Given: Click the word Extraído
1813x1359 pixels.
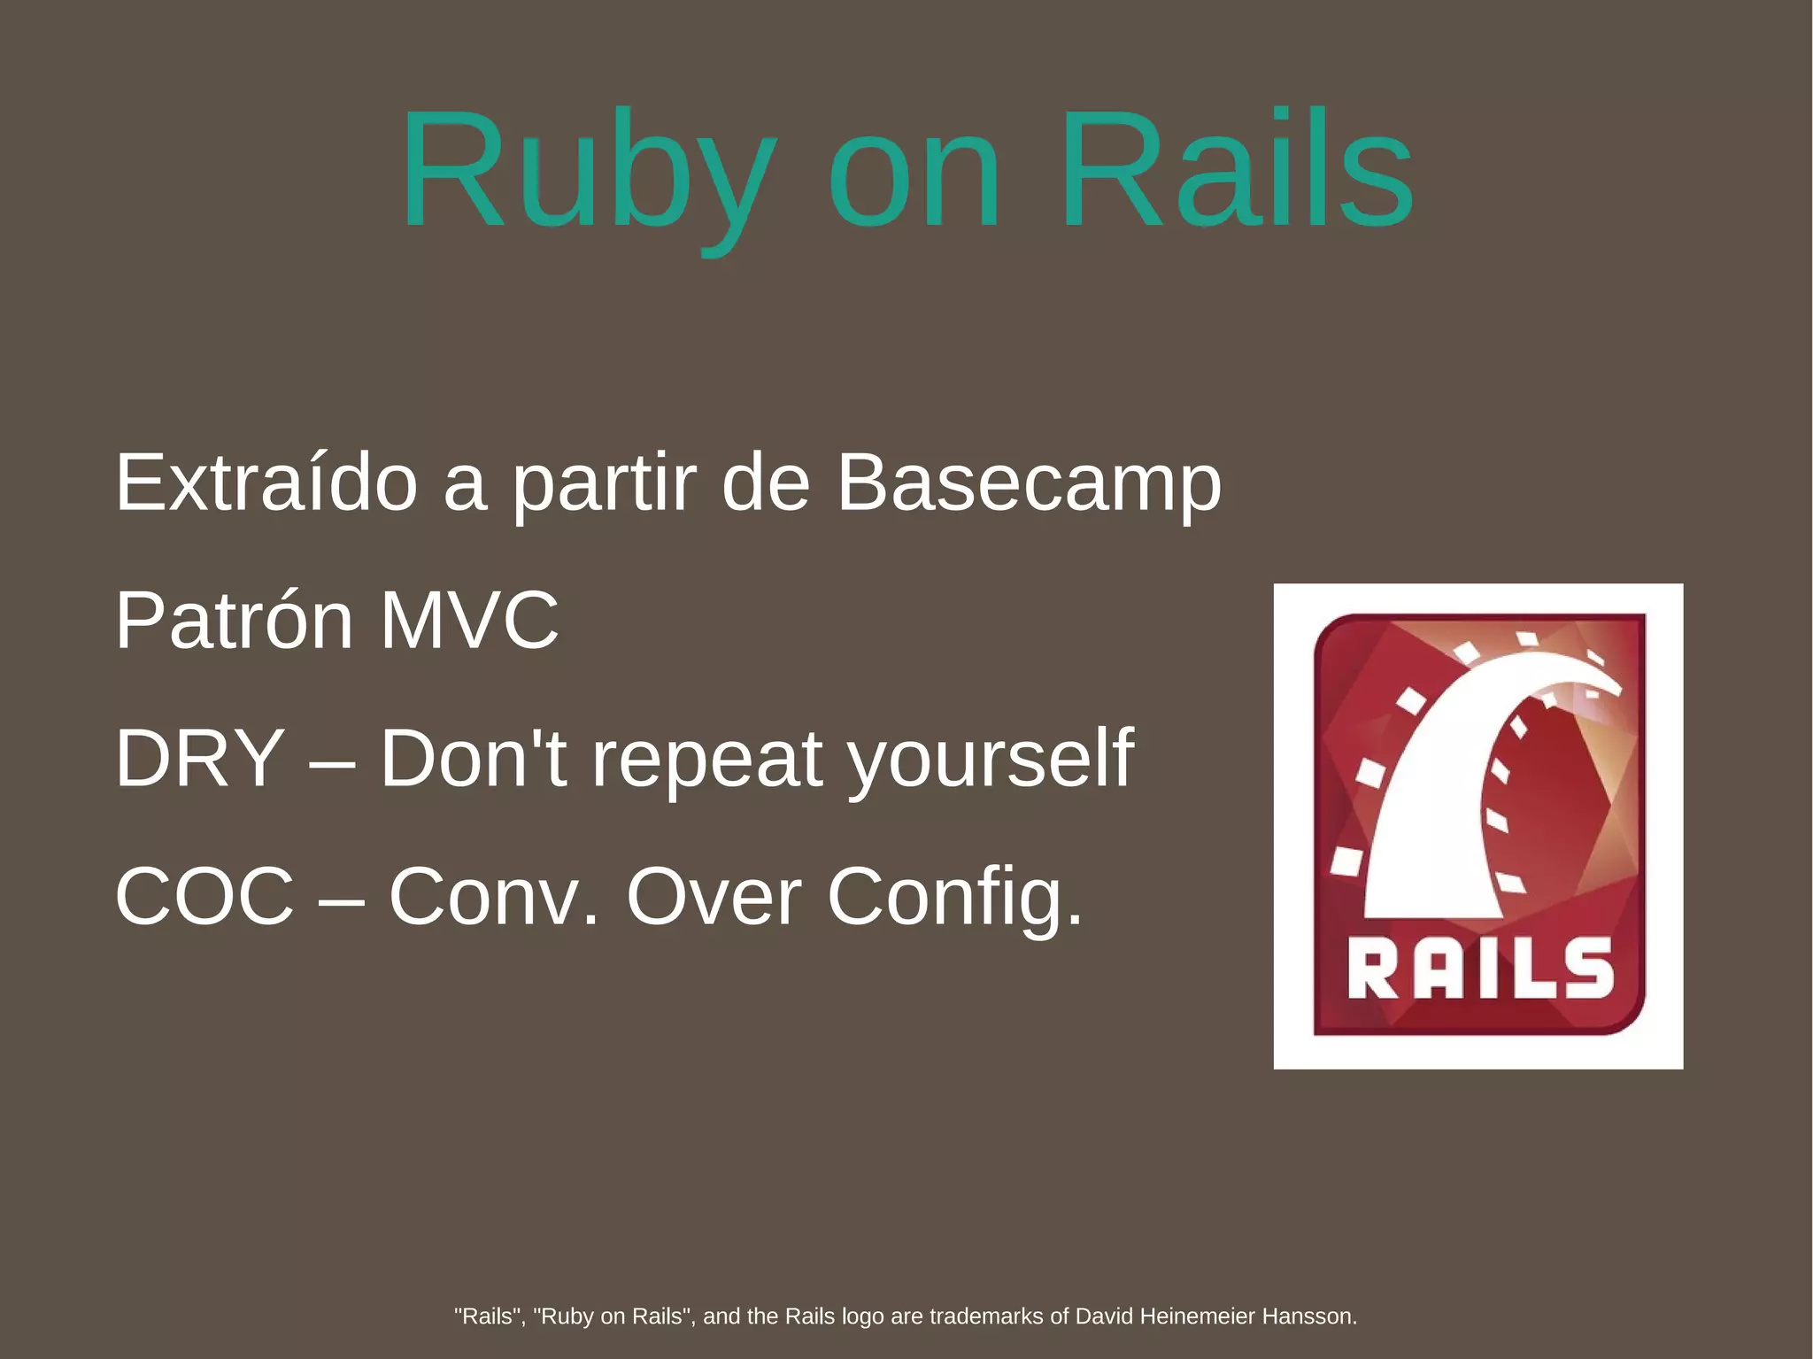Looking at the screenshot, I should tap(266, 483).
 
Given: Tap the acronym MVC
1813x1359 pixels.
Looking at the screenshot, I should tap(470, 621).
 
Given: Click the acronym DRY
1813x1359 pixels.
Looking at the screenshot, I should tap(200, 758).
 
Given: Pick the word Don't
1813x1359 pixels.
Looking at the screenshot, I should tap(474, 758).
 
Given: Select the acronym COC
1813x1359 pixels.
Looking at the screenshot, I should tap(204, 896).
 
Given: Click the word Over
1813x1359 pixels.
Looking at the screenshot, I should tap(714, 896).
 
